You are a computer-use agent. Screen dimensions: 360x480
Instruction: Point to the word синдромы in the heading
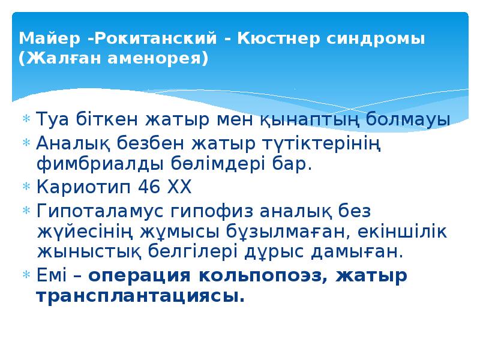click(376, 39)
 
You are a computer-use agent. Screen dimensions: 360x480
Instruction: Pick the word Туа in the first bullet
click(50, 119)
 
